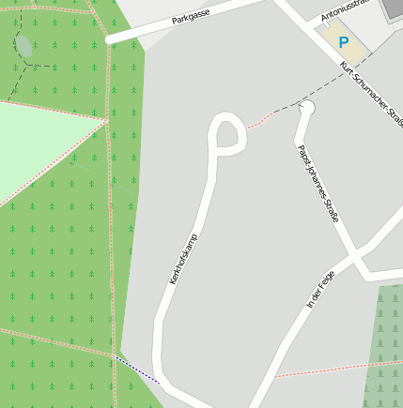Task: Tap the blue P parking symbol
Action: pyautogui.click(x=344, y=42)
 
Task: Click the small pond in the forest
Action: pyautogui.click(x=23, y=45)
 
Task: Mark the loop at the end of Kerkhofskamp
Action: pyautogui.click(x=227, y=135)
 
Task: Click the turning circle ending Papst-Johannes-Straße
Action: pyautogui.click(x=305, y=109)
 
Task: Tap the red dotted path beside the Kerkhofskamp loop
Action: pyautogui.click(x=264, y=118)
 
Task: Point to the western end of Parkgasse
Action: pyautogui.click(x=111, y=39)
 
